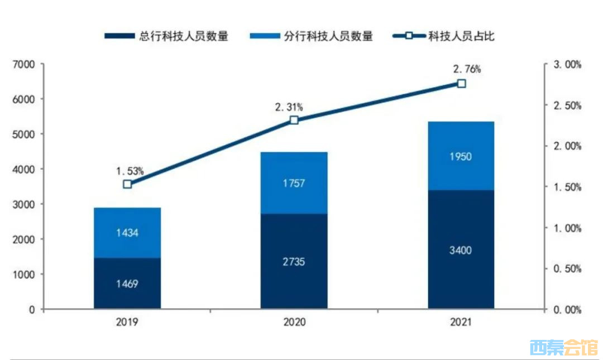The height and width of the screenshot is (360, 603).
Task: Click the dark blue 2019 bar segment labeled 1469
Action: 127,283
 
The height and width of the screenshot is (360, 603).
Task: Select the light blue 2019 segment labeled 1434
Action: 127,233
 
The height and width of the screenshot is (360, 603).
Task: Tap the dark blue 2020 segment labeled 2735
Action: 294,261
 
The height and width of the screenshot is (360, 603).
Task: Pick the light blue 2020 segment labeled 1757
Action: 294,183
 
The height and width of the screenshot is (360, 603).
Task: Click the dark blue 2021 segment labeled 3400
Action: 461,249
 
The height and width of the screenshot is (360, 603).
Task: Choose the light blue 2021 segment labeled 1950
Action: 461,156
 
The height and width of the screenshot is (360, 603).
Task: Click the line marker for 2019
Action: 127,184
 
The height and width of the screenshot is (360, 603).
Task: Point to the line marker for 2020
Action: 294,120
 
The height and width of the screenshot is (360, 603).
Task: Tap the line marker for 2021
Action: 462,84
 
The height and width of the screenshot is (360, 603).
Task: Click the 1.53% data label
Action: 130,171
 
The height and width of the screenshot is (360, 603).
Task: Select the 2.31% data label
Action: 289,107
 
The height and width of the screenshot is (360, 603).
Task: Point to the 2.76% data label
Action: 467,69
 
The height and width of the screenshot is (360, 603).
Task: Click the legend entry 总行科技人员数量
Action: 166,36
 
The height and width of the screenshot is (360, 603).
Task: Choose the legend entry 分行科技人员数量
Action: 311,36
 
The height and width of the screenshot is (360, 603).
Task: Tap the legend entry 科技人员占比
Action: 443,36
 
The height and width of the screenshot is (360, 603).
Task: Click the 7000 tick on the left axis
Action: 23,64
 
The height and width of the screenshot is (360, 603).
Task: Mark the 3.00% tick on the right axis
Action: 567,65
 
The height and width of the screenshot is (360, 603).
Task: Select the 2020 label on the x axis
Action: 295,322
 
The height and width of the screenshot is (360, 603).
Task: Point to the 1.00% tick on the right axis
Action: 567,228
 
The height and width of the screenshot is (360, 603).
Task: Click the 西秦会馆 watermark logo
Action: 564,348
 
